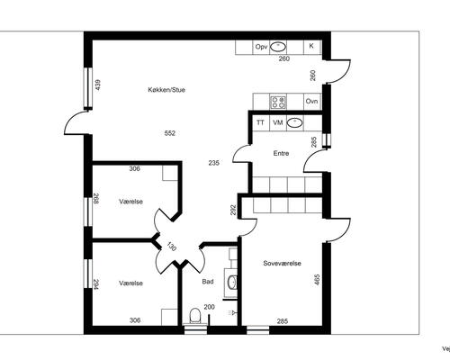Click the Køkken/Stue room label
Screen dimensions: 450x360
pos(166,90)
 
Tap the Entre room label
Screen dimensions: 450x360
pos(281,153)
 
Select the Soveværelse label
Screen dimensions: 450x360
pos(283,264)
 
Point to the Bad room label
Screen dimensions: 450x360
pos(208,282)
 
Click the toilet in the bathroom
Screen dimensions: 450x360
pos(195,316)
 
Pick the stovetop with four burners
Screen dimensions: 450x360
pos(278,102)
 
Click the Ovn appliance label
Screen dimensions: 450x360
pos(311,102)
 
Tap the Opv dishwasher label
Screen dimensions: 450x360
pos(261,47)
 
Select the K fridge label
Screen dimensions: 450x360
pos(311,46)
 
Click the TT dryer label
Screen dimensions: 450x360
pos(260,122)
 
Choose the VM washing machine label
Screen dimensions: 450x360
pos(278,122)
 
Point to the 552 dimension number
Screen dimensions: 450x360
pos(170,133)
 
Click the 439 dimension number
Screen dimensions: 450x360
pos(98,85)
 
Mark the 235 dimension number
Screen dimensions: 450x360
pos(214,163)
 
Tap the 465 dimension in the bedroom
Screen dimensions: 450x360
pos(317,280)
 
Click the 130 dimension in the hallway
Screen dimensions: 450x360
pos(171,247)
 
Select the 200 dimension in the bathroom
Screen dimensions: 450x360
pos(210,307)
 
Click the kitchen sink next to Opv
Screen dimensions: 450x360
pos(278,47)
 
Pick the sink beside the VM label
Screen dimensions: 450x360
pos(294,122)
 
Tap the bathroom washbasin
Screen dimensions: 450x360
pos(232,283)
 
